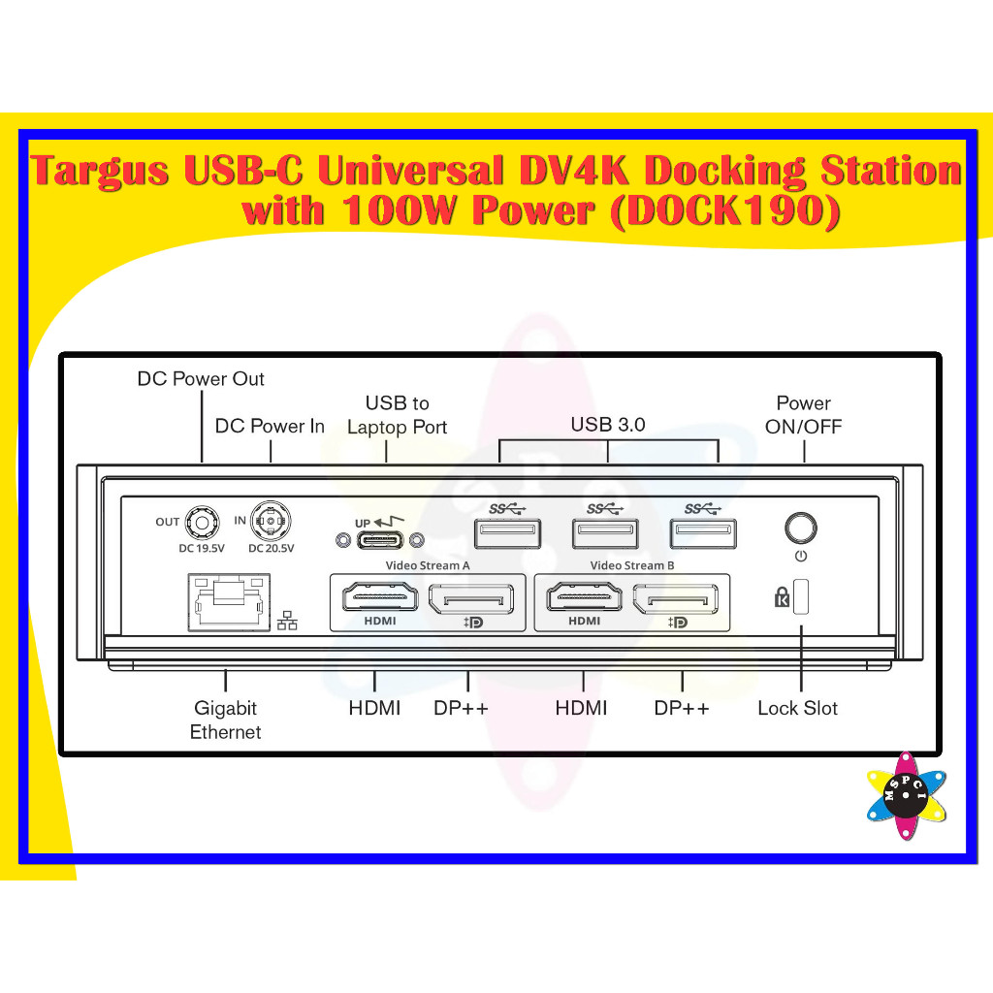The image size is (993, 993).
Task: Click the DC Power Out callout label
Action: point(201,378)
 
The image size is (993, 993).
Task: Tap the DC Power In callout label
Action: point(270,426)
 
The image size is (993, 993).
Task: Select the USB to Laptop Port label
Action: point(398,414)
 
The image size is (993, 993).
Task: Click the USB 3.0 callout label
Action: point(608,424)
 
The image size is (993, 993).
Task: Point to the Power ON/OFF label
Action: point(804,414)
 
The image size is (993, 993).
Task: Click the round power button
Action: point(800,529)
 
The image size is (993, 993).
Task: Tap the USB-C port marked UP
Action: point(377,540)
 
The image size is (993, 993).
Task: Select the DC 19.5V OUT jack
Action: point(202,523)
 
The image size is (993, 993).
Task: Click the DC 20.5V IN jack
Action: point(270,523)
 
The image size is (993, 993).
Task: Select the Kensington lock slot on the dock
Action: point(801,596)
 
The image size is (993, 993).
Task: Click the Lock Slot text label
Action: point(797,708)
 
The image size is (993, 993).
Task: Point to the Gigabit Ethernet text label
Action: point(225,720)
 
